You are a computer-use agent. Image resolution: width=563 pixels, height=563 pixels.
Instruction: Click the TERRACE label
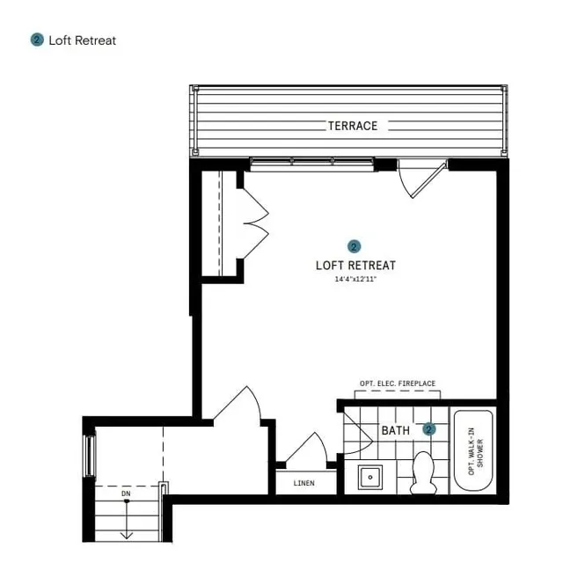tap(353, 126)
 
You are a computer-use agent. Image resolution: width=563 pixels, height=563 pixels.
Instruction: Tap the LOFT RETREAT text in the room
tap(355, 266)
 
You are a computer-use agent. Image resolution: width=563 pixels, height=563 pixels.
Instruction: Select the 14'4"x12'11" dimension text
tap(355, 279)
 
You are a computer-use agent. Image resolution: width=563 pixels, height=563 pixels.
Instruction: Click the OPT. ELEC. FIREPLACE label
tap(398, 384)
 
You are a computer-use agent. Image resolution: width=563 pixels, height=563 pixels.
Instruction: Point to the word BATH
tap(395, 430)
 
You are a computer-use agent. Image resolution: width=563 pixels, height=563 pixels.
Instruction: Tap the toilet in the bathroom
tap(424, 472)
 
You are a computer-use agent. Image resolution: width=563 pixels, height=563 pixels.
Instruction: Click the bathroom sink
tap(370, 477)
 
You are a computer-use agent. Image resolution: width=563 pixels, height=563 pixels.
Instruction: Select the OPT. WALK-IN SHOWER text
tap(476, 451)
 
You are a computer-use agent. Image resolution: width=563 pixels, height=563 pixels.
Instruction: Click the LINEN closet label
tap(304, 483)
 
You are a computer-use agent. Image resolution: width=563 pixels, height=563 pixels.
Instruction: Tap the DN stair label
tap(126, 494)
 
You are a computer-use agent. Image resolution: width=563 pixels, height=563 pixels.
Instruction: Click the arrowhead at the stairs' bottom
tap(127, 536)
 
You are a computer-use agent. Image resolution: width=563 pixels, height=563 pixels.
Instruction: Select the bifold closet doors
tap(255, 223)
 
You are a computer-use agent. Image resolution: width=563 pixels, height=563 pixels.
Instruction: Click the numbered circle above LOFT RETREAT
tap(354, 246)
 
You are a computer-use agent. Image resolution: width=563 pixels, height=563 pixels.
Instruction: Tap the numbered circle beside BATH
tap(429, 429)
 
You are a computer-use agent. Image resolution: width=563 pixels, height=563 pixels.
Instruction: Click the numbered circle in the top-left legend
tap(37, 40)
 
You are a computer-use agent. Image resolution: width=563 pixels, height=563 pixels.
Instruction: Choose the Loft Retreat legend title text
tap(82, 40)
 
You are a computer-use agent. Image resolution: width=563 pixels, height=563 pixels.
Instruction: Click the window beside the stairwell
tap(89, 456)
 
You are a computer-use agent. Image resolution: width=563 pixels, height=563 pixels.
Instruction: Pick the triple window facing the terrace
tap(312, 164)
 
